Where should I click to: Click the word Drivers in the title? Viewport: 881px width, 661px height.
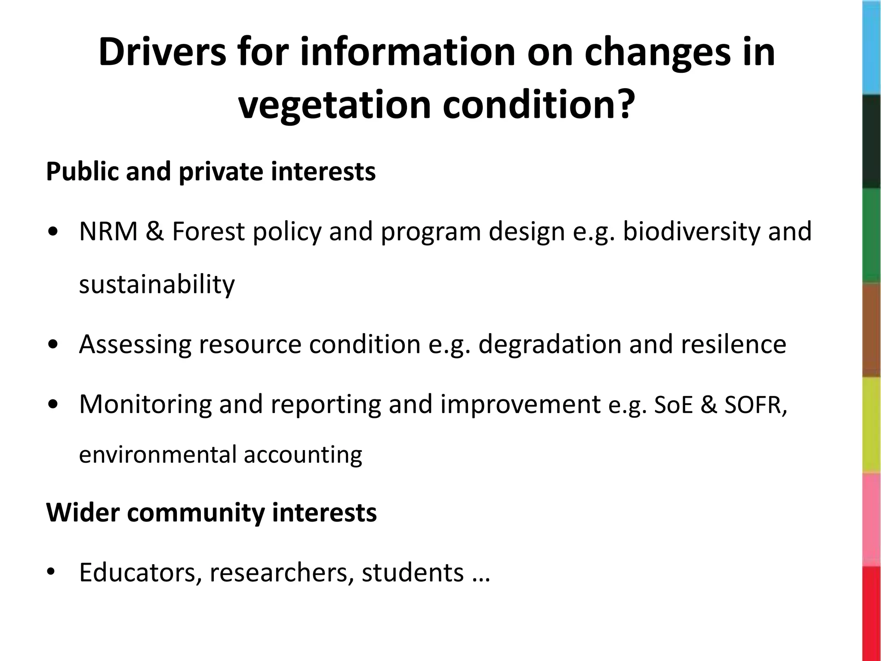point(162,53)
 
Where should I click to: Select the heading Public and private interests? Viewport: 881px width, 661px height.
point(211,171)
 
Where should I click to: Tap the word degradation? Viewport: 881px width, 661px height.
point(550,344)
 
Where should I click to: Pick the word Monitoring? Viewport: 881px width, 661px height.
point(145,405)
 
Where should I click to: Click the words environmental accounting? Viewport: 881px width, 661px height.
point(220,454)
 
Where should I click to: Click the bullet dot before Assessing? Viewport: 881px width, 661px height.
point(55,345)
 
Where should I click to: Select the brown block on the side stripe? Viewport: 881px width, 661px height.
point(872,330)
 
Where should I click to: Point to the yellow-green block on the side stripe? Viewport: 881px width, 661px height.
point(872,425)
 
